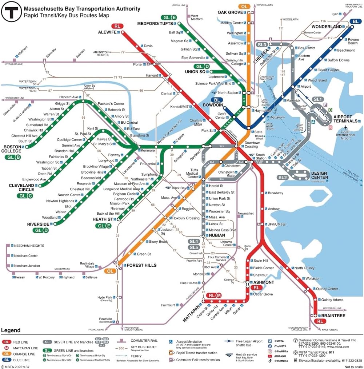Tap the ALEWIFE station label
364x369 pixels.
[x=107, y=32]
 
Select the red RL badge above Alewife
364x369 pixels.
[x=117, y=26]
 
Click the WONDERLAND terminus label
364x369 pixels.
[x=327, y=27]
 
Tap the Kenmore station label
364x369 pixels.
[x=148, y=150]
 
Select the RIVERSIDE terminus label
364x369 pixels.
[x=38, y=224]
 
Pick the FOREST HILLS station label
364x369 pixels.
[x=141, y=265]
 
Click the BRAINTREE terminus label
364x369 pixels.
[x=331, y=316]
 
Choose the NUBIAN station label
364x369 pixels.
[x=217, y=235]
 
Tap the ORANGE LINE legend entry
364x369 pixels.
[x=24, y=354]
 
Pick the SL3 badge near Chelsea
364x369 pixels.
[x=262, y=44]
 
